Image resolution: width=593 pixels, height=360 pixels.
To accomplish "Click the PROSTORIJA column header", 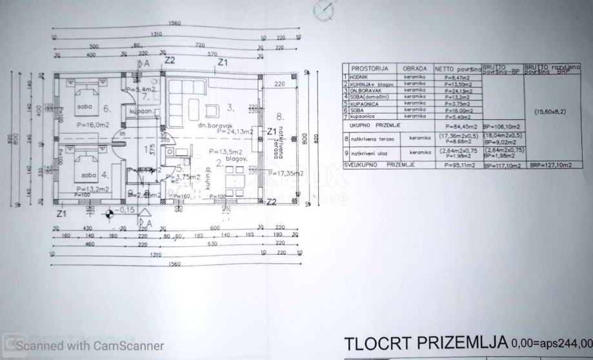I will pyautogui.click(x=369, y=68).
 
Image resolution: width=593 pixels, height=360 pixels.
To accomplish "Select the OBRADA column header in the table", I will pyautogui.click(x=414, y=68).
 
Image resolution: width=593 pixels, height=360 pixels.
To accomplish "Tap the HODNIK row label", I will pyautogui.click(x=361, y=77).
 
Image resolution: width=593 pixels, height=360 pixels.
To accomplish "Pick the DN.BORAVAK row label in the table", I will pyautogui.click(x=365, y=90).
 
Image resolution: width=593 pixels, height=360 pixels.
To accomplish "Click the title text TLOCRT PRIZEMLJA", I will pyautogui.click(x=426, y=342).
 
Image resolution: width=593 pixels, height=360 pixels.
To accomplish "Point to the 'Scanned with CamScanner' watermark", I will pyautogui.click(x=90, y=346).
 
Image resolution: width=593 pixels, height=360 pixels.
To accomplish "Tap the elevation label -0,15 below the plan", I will pyautogui.click(x=126, y=210).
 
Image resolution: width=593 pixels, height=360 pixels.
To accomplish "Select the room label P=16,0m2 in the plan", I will pyautogui.click(x=93, y=124).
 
